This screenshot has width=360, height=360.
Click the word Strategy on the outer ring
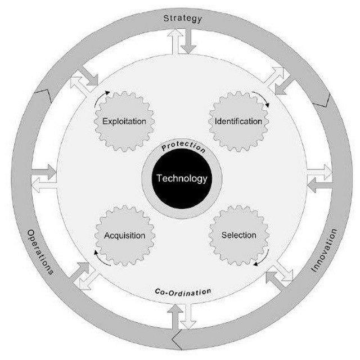(x=182, y=19)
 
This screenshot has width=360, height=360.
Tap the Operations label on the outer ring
(x=40, y=252)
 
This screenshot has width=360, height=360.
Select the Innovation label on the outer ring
(x=324, y=250)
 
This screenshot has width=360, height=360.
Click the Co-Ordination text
(x=183, y=292)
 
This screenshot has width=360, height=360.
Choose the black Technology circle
(x=182, y=179)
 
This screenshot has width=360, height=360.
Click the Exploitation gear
(x=124, y=121)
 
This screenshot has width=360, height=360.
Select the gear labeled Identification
(x=238, y=121)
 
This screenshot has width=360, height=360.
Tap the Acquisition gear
(x=125, y=235)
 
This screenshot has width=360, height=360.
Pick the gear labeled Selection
(x=238, y=235)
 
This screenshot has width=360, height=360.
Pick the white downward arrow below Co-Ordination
(x=188, y=316)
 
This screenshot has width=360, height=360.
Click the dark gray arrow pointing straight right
(x=44, y=172)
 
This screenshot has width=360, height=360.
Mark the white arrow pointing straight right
(x=319, y=172)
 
